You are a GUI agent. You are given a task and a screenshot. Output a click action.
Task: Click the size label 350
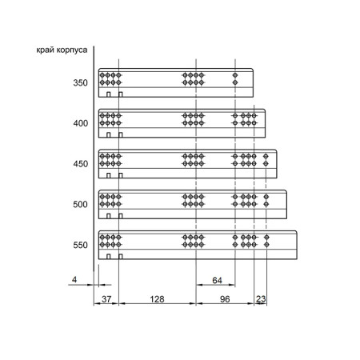[x=80, y=83]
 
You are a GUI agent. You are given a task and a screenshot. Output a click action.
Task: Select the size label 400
[x=80, y=123]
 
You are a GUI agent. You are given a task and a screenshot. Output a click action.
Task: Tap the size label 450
[x=80, y=164]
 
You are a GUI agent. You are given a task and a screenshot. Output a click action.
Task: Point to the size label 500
[x=80, y=205]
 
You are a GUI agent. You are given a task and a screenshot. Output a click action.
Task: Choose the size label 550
[x=80, y=245]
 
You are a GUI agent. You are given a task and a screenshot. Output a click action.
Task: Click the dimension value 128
[x=157, y=299]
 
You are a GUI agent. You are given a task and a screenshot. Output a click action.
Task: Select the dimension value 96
[x=225, y=299]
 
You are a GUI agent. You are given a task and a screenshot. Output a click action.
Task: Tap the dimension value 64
[x=217, y=280]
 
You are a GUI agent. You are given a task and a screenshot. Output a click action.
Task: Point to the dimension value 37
[x=106, y=299]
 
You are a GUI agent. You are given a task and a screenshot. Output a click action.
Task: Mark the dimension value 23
[x=261, y=298]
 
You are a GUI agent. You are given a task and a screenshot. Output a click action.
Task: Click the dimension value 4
[x=74, y=279]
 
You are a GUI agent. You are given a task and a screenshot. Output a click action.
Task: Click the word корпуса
[x=72, y=50]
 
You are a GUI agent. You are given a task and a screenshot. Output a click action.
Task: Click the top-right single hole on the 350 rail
[x=235, y=75]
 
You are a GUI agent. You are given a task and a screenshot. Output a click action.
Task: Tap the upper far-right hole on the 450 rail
[x=266, y=156]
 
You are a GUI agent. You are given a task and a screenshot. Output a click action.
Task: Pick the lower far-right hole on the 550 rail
[x=266, y=245]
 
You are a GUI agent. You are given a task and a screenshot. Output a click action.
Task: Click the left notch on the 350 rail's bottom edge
[x=108, y=94]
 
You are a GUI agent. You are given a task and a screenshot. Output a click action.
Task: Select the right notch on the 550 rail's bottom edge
[x=121, y=257]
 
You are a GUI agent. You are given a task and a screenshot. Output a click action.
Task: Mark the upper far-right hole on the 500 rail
[x=266, y=197]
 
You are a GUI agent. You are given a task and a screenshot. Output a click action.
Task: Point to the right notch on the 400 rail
[x=121, y=135]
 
